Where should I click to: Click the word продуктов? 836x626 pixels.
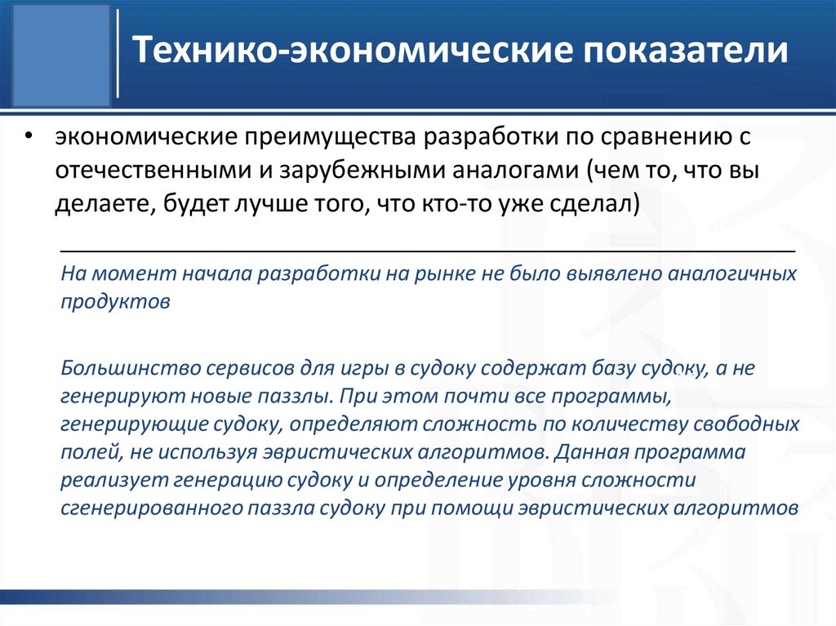pyautogui.click(x=115, y=300)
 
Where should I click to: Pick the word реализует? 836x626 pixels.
pyautogui.click(x=109, y=480)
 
